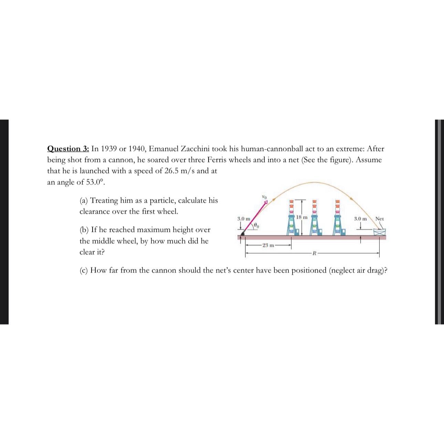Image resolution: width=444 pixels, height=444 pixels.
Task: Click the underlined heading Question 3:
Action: tap(68, 149)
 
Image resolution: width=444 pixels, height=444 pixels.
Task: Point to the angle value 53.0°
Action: tap(92, 182)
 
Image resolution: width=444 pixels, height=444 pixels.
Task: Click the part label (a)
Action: tap(84, 200)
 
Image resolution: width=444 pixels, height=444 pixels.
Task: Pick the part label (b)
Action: tap(84, 230)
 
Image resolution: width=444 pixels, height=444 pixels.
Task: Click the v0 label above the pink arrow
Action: tap(264, 197)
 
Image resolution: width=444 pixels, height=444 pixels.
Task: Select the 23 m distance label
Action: tap(268, 245)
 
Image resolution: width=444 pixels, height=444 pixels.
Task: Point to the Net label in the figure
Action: tap(379, 219)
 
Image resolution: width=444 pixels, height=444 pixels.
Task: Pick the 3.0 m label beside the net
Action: tap(360, 219)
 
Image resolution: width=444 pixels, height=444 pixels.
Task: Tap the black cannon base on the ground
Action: tap(243, 234)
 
